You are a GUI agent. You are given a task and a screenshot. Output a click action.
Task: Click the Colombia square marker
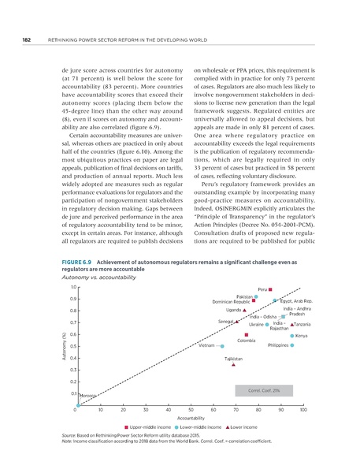[247, 334]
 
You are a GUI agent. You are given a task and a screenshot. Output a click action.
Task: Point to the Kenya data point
[292, 335]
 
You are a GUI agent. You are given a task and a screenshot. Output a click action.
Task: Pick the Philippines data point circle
[292, 345]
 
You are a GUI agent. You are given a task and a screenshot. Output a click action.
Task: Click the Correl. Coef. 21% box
[264, 389]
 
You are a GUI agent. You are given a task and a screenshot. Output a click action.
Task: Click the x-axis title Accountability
[191, 418]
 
